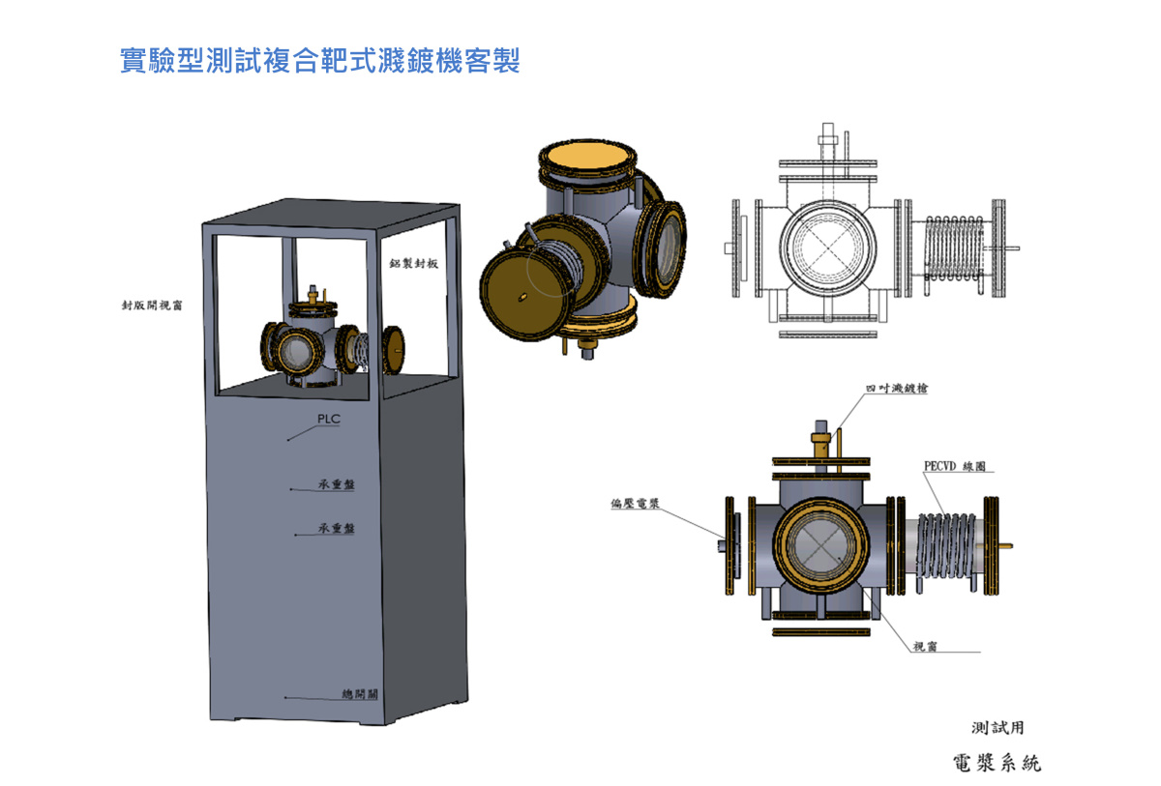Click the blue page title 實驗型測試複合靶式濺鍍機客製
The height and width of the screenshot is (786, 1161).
(320, 61)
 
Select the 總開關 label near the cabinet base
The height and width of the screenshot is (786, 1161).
(360, 694)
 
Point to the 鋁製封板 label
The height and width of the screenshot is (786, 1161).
(414, 264)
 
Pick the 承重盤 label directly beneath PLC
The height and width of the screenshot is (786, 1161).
(336, 484)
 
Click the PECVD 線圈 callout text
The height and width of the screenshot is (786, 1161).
(954, 466)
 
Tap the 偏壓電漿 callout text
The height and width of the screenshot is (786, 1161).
(635, 504)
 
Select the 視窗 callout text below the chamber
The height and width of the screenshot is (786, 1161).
(926, 647)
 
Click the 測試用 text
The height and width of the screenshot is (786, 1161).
(997, 727)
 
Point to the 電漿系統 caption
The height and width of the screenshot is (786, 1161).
(997, 763)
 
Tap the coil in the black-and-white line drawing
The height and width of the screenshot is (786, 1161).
(953, 247)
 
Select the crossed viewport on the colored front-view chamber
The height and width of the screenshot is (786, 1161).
(822, 547)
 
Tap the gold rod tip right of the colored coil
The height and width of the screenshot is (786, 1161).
(1008, 546)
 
